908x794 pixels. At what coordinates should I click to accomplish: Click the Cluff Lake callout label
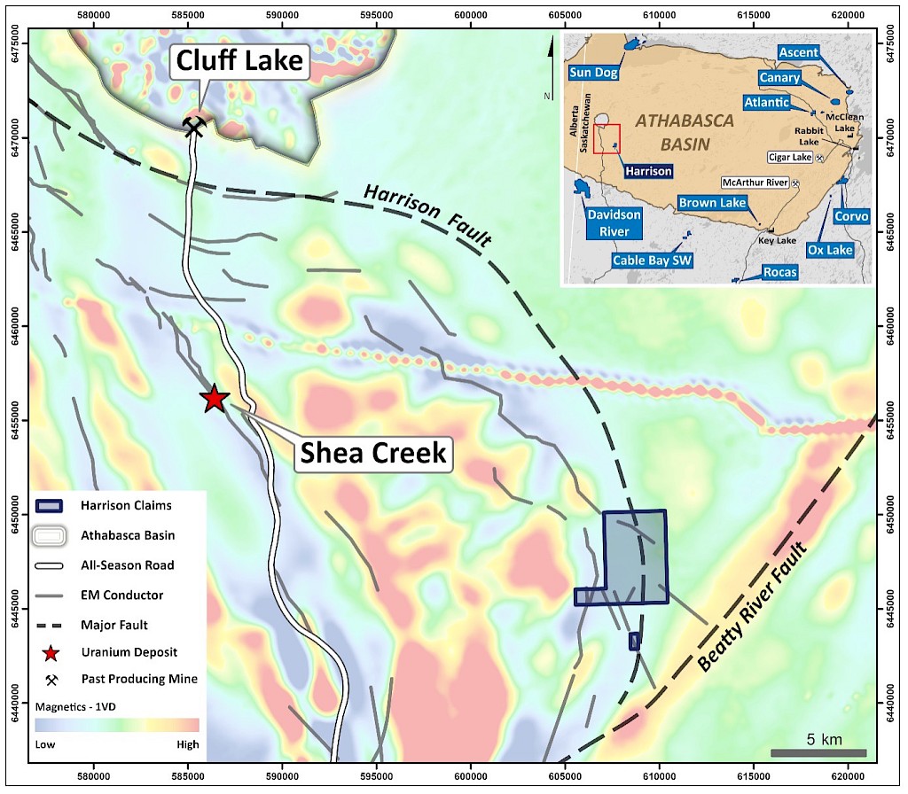click(x=239, y=61)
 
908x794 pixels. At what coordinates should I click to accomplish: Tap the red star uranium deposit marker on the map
click(x=214, y=399)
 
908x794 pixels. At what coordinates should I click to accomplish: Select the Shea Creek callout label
click(x=372, y=453)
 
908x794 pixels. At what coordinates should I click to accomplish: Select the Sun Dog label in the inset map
click(x=591, y=70)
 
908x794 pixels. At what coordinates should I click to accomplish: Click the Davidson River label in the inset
click(x=614, y=222)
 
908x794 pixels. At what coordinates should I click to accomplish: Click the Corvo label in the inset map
click(x=850, y=216)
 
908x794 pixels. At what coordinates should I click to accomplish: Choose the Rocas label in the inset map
click(x=779, y=272)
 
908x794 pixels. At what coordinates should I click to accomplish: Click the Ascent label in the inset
click(x=798, y=53)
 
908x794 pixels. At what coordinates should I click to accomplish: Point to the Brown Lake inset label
click(x=712, y=203)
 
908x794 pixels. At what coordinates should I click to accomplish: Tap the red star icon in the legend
click(x=51, y=653)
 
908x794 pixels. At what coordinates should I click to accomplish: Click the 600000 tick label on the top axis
click(x=470, y=16)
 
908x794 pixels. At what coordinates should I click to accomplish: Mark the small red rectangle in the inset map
click(x=607, y=139)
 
